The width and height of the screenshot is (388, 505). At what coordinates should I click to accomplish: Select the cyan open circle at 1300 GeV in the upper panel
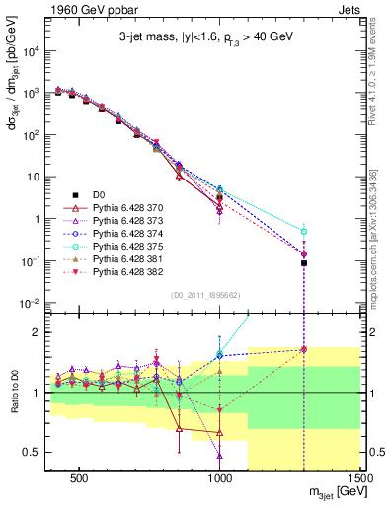(x=304, y=231)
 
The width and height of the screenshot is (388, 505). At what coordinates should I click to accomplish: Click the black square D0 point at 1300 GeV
(x=304, y=263)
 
